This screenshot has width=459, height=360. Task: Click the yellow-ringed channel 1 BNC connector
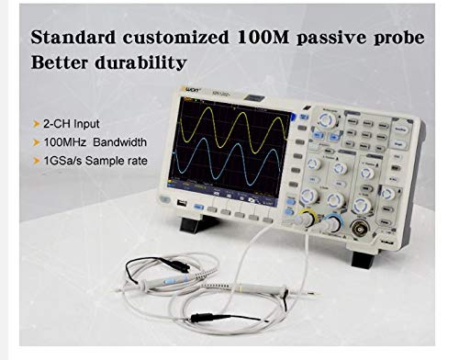303,219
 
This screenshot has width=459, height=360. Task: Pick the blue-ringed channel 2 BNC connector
330,223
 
